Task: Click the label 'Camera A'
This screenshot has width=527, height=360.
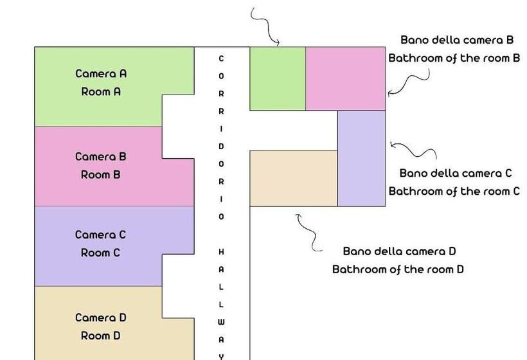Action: (101, 73)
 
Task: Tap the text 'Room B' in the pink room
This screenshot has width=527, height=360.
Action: (101, 174)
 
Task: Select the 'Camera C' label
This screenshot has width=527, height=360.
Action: (101, 235)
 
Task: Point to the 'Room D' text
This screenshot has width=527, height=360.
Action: (101, 336)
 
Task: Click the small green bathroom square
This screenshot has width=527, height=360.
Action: (277, 78)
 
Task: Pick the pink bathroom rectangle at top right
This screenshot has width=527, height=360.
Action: (345, 78)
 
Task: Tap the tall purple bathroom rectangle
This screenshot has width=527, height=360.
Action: (361, 158)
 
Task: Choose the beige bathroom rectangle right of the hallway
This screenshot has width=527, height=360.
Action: (293, 178)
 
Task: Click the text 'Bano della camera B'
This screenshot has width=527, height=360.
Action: (457, 40)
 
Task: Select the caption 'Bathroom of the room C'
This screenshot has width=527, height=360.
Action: (454, 191)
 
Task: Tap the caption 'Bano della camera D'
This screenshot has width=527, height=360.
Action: (399, 251)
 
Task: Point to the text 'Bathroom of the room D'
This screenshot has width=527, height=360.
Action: (398, 269)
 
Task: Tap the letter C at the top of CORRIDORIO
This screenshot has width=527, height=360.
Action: (222, 59)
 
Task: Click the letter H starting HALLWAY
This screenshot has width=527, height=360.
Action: (222, 251)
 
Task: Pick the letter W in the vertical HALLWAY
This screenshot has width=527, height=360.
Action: (222, 321)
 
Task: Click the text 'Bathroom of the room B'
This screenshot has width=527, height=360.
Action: (454, 58)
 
